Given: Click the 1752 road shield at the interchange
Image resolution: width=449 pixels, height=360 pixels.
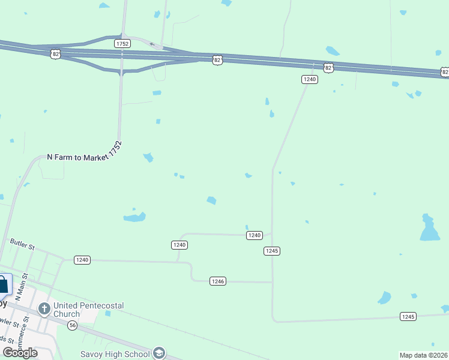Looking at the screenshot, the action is pyautogui.click(x=122, y=44).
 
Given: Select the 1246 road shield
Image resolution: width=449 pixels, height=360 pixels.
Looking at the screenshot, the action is pyautogui.click(x=218, y=281).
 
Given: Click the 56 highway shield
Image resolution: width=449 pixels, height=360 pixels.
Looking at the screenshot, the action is pyautogui.click(x=73, y=325).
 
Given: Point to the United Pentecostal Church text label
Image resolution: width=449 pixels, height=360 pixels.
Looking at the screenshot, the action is pyautogui.click(x=88, y=310).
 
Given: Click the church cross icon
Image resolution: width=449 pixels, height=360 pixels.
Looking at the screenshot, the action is pyautogui.click(x=44, y=309).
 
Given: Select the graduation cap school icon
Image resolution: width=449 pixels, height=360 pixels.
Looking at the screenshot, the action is pyautogui.click(x=158, y=353).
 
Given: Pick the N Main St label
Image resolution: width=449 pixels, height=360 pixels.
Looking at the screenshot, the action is pyautogui.click(x=22, y=287).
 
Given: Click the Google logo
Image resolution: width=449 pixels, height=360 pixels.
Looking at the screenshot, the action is pyautogui.click(x=20, y=353).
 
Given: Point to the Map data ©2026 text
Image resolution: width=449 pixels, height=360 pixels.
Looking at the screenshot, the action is pyautogui.click(x=423, y=355).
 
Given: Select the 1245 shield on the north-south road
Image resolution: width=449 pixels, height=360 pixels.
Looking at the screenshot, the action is pyautogui.click(x=271, y=251).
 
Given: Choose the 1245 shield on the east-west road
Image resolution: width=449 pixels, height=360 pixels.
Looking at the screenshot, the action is pyautogui.click(x=408, y=316).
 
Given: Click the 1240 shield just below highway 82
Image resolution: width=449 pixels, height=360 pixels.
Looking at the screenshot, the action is pyautogui.click(x=309, y=79).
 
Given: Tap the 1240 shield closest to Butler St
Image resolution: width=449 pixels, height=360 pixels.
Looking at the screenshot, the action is pyautogui.click(x=82, y=260).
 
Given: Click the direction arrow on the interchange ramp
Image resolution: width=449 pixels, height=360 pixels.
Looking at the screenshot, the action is pyautogui.click(x=152, y=44).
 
